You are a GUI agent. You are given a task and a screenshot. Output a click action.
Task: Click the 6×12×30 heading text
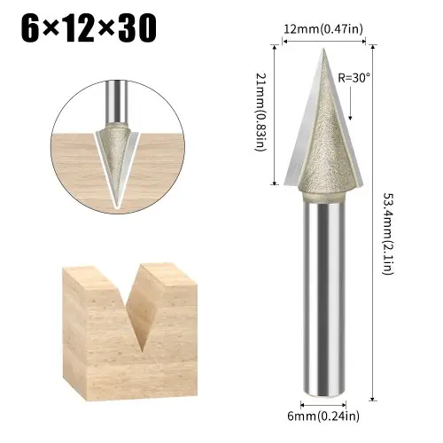click(89, 28)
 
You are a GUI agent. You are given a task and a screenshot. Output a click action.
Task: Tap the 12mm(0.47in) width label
click(323, 29)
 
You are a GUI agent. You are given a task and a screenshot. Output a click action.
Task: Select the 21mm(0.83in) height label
click(260, 112)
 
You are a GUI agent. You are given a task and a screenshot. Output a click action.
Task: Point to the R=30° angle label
click(354, 78)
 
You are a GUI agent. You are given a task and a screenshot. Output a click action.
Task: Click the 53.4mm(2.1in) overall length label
click(388, 234)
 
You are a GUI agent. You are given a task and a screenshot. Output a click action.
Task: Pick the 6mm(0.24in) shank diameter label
click(323, 416)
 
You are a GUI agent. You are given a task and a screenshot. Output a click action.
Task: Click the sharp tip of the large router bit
click(323, 49)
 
